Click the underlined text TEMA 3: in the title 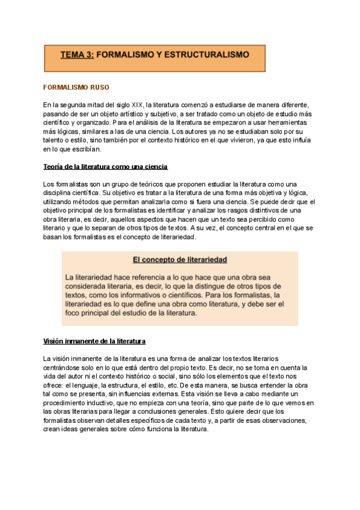coord(77,54)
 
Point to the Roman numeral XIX coord(136,105)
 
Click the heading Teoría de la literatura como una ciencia coord(105,166)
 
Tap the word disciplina coord(61,192)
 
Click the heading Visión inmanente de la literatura coord(94,341)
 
